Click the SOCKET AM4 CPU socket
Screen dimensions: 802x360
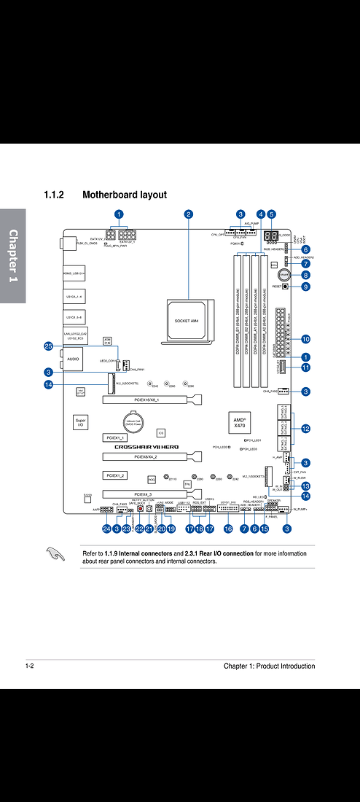coord(187,322)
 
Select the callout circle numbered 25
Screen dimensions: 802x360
coord(48,346)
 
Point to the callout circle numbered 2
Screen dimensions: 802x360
coord(188,214)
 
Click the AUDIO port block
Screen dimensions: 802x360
coord(74,359)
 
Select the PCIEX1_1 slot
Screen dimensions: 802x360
coord(115,437)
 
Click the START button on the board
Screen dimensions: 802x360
coord(285,276)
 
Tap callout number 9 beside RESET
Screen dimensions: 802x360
coord(305,287)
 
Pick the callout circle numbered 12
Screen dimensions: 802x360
coord(305,429)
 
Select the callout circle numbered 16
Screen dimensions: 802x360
coord(228,528)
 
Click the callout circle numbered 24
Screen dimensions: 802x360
coord(106,528)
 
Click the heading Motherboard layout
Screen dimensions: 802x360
coord(125,195)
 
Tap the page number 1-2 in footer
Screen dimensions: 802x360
coord(30,666)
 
